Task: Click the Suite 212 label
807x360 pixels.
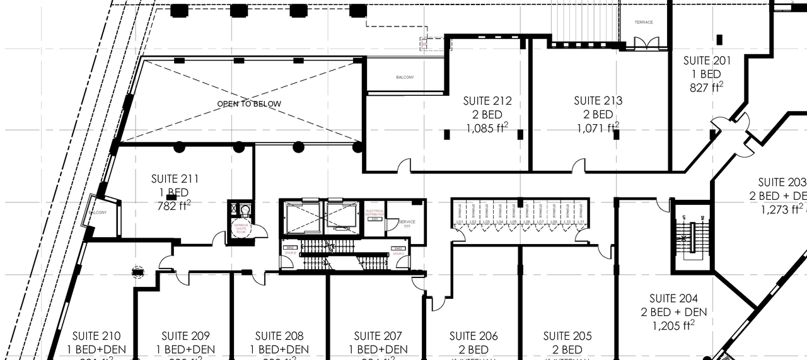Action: [x=487, y=101]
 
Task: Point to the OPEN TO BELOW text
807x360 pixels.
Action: [x=249, y=104]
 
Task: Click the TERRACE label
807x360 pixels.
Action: [x=644, y=23]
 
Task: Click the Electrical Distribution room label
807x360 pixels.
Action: [x=374, y=213]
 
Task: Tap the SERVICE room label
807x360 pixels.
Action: [x=407, y=222]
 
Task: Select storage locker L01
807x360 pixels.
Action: [x=460, y=222]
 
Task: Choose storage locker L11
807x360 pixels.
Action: [x=580, y=222]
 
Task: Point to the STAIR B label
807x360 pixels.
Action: [x=291, y=252]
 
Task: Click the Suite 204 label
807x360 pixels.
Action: [x=674, y=298]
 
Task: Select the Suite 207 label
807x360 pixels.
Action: [x=377, y=336]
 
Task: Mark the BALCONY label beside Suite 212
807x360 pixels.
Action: [x=405, y=78]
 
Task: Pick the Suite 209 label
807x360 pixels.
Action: [x=185, y=336]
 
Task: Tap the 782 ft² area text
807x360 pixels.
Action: [x=173, y=206]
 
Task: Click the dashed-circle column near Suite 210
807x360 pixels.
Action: [x=138, y=272]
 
